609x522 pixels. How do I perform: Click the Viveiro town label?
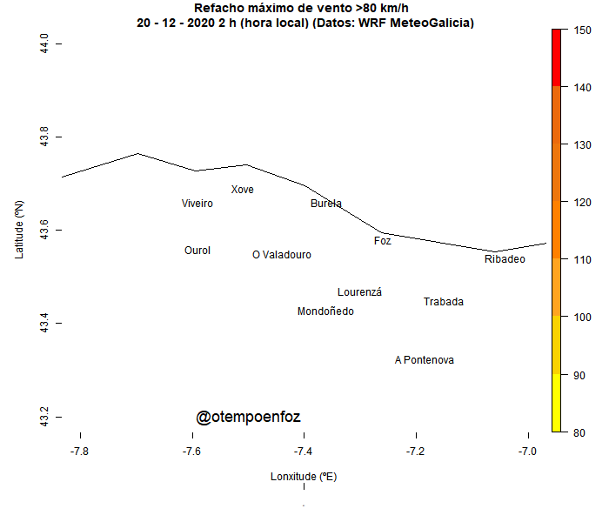pyautogui.click(x=197, y=204)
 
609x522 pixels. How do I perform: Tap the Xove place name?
pyautogui.click(x=243, y=190)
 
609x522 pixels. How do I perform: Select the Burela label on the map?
pyautogui.click(x=326, y=204)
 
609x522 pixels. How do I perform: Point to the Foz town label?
pyautogui.click(x=383, y=241)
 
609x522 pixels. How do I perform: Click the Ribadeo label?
pyautogui.click(x=505, y=259)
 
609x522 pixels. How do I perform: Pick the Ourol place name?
pyautogui.click(x=197, y=251)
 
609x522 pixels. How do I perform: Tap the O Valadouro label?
pyautogui.click(x=282, y=255)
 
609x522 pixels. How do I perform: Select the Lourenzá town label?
pyautogui.click(x=359, y=292)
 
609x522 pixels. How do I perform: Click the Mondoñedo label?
pyautogui.click(x=325, y=311)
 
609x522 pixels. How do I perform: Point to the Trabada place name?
pyautogui.click(x=444, y=302)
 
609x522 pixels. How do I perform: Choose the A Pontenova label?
pyautogui.click(x=425, y=360)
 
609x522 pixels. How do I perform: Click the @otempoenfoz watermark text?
pyautogui.click(x=248, y=418)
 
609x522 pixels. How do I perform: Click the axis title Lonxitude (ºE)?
pyautogui.click(x=304, y=477)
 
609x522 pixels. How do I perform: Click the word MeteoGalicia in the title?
pyautogui.click(x=431, y=23)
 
